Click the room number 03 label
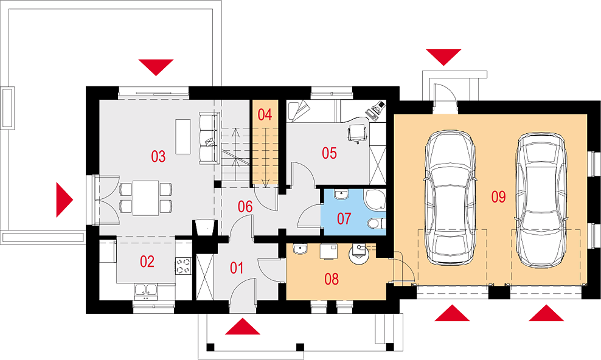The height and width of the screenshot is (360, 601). tap(158, 156)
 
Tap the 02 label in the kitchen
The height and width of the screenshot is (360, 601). tap(147, 261)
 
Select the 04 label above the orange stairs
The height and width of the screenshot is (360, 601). tap(265, 114)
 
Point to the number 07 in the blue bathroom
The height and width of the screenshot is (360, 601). tap(344, 218)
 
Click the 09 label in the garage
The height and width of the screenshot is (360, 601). tap(498, 197)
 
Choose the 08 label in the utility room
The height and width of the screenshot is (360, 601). tap(332, 279)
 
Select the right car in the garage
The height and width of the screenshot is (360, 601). tap(541, 200)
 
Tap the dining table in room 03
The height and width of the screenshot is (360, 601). tap(145, 198)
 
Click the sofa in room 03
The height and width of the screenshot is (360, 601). tap(209, 138)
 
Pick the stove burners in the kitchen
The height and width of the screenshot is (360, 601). tap(183, 266)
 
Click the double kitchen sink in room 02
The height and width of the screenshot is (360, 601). tap(145, 291)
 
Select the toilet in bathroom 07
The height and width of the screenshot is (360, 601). tap(376, 223)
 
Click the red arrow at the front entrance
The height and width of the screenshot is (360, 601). tap(243, 326)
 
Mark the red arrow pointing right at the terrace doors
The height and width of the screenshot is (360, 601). tap(64, 199)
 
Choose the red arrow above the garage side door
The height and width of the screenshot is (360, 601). tap(443, 57)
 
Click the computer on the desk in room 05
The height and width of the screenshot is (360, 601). tap(375, 109)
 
